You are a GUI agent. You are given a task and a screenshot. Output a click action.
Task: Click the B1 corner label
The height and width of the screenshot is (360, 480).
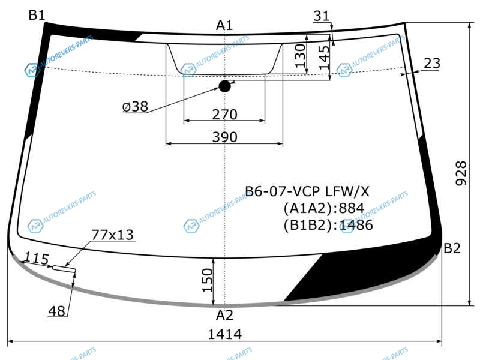[37, 14]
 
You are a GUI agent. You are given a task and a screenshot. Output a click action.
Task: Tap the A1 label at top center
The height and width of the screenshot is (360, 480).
[224, 25]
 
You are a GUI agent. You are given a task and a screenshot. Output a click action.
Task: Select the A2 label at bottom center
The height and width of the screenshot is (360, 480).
[224, 315]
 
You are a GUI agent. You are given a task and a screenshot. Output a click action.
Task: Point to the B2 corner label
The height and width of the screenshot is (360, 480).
[452, 248]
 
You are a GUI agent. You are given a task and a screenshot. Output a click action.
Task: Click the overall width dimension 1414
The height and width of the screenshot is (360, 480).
[224, 334]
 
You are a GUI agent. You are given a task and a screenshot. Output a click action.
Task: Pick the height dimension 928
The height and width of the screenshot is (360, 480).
[461, 173]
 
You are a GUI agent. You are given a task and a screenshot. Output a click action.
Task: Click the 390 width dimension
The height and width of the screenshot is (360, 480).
[224, 137]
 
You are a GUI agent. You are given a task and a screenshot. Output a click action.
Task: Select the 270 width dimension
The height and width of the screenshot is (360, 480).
[224, 115]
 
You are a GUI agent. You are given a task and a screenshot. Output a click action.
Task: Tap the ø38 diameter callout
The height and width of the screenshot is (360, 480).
[136, 107]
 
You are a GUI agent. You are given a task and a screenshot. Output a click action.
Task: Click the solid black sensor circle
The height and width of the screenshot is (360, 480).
[224, 86]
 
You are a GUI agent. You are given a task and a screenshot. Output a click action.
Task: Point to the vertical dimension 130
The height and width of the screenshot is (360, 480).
[301, 56]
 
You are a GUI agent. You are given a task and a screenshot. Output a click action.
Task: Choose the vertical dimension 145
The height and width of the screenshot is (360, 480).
[323, 58]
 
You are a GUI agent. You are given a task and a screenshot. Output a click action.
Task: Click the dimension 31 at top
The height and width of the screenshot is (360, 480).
[322, 16]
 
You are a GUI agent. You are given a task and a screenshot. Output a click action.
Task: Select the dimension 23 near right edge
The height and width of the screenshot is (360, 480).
[432, 64]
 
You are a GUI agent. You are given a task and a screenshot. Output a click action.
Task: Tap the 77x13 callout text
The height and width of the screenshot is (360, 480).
[112, 235]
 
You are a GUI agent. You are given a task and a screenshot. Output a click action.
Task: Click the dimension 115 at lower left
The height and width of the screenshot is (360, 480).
[37, 259]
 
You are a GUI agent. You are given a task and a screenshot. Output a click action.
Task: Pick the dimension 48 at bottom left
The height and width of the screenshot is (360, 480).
[56, 311]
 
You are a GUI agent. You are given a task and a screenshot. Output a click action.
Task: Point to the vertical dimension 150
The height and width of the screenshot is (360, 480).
[207, 280]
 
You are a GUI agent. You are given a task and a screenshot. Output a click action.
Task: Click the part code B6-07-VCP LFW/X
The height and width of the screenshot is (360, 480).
[307, 191]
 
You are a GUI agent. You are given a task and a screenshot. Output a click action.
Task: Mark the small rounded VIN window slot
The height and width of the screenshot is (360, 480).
[64, 268]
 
